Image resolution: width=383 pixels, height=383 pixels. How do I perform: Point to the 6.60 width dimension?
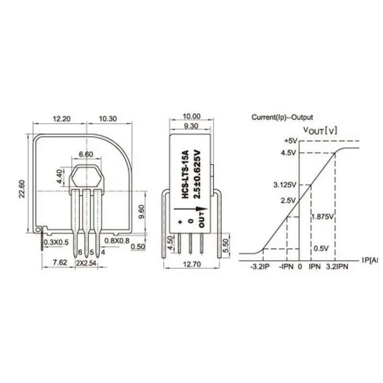[86, 154]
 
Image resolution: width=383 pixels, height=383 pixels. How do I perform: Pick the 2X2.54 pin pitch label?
[86, 263]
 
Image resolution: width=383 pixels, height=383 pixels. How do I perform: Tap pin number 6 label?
[80, 253]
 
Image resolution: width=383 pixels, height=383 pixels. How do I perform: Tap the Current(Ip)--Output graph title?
[282, 117]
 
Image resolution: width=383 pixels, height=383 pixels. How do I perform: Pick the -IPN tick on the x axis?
[286, 266]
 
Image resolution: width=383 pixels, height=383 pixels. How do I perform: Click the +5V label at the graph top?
[291, 141]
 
